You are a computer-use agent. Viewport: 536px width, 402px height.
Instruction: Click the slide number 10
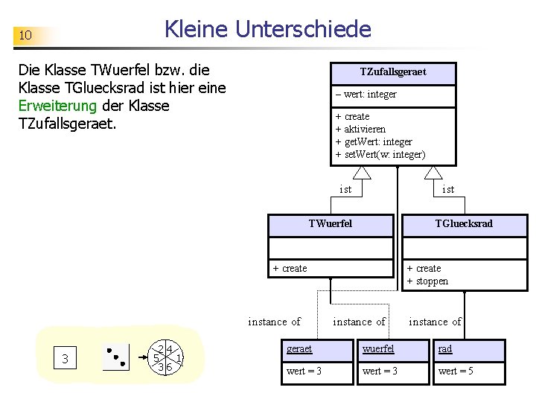point(25,36)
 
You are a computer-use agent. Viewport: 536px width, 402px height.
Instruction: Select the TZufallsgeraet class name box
point(393,73)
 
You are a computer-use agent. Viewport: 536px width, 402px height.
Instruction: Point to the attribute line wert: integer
point(366,95)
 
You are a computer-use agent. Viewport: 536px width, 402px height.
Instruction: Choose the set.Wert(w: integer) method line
point(380,154)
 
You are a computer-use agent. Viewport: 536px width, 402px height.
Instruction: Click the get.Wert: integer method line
point(374,141)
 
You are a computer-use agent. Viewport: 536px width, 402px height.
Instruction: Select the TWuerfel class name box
point(331,224)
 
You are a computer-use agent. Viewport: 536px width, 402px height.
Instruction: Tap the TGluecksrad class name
point(465,224)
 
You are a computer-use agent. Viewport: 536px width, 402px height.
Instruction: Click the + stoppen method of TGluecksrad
point(427,281)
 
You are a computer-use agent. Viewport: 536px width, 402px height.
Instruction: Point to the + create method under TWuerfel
point(290,268)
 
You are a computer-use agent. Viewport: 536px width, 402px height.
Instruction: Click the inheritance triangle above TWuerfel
point(362,173)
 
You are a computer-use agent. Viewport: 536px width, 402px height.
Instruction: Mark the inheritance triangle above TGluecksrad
point(433,173)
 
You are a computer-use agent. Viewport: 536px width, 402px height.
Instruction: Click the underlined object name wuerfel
point(378,348)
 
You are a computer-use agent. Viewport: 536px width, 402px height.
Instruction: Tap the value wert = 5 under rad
point(456,371)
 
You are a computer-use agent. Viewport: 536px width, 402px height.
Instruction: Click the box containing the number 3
point(66,360)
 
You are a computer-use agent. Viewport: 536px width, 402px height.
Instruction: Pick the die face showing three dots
point(115,359)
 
